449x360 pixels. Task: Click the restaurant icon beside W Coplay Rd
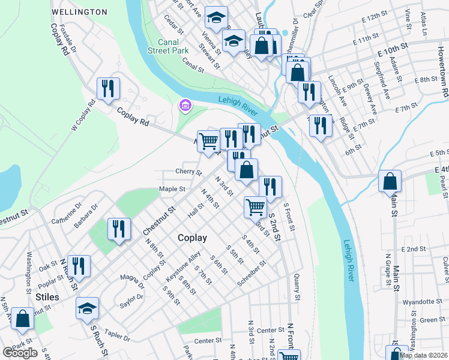[108, 89]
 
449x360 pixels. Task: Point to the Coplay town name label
[192, 238]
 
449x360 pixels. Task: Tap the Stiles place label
[47, 296]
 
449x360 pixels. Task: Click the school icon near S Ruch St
[88, 309]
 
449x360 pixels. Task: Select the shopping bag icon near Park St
[22, 320]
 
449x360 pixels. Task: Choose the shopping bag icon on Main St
[390, 181]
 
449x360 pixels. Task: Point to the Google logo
[20, 353]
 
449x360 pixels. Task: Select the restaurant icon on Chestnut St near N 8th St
[119, 230]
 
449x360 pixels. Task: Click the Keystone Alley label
[184, 264]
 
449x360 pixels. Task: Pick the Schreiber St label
[251, 271]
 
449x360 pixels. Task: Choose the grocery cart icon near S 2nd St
[256, 208]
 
